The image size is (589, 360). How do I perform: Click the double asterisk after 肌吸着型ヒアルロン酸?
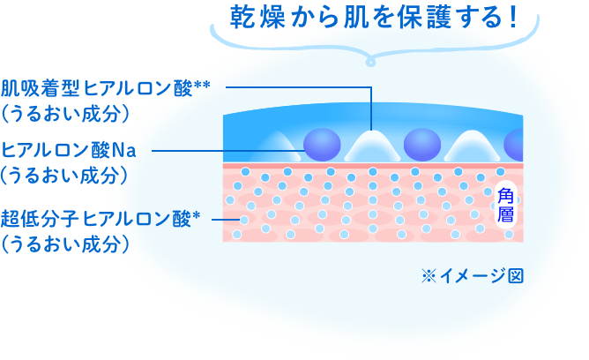click(202, 86)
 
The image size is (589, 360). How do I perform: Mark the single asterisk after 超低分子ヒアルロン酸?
click(197, 215)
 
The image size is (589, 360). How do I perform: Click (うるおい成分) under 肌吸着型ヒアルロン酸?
click(66, 113)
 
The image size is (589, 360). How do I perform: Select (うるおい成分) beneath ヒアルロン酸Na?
click(66, 176)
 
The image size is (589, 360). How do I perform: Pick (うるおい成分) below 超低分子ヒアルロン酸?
click(66, 244)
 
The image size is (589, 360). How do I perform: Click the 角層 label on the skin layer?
click(505, 206)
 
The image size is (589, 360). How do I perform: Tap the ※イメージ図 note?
click(473, 275)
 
